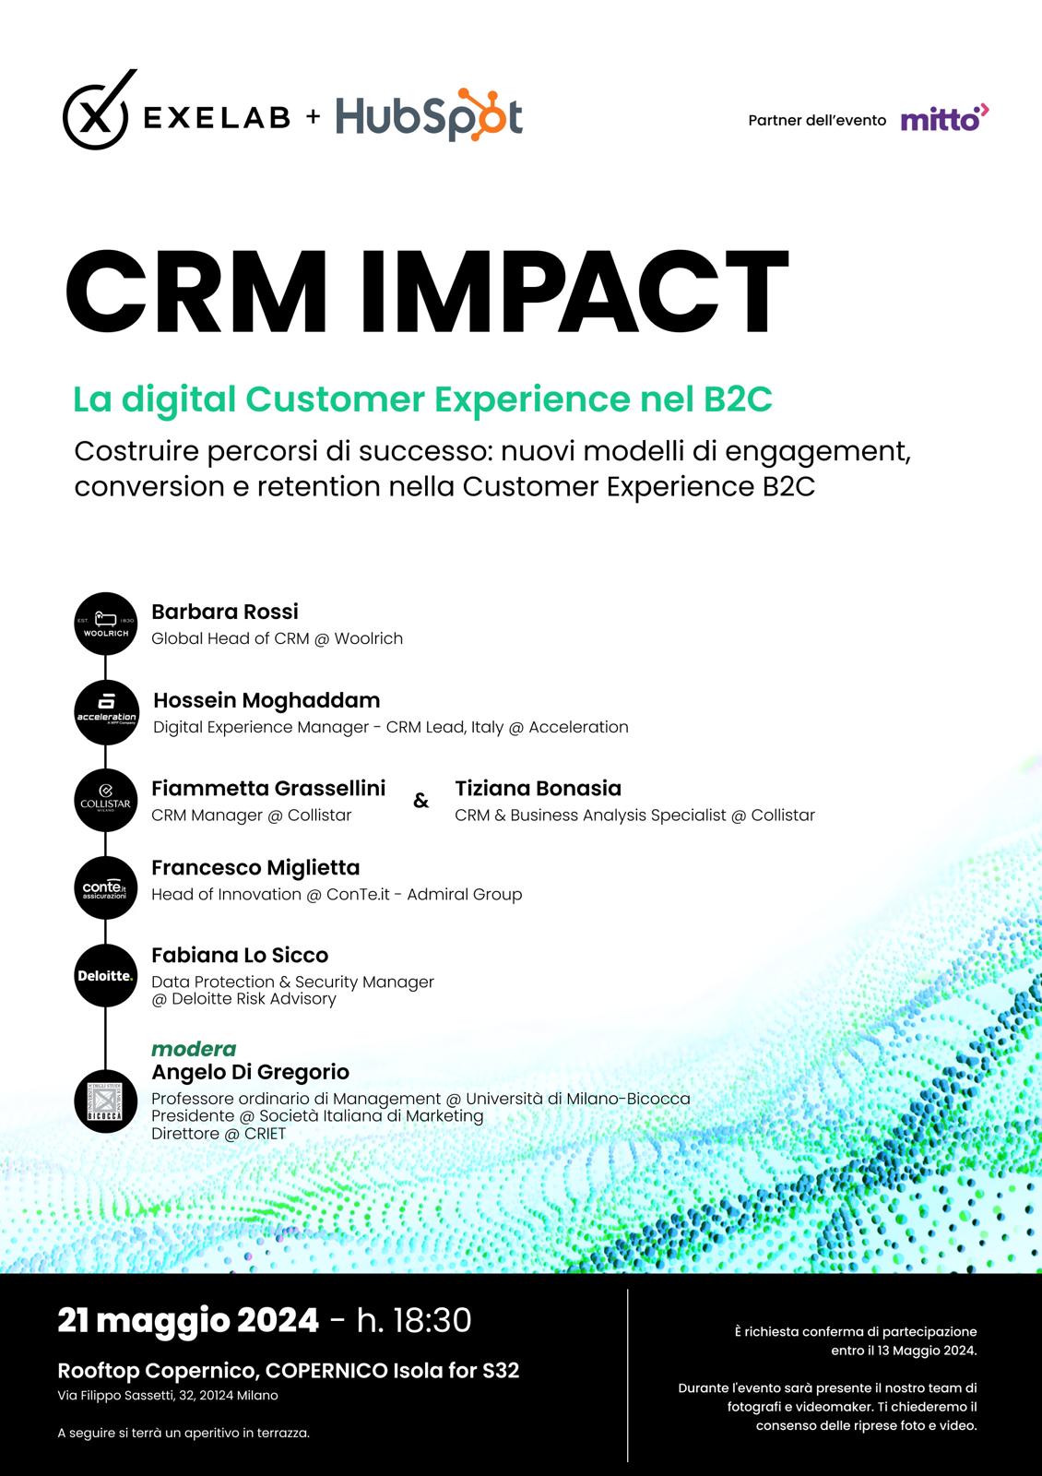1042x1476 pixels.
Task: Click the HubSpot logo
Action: [x=429, y=114]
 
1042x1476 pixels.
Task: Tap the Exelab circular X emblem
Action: [x=97, y=111]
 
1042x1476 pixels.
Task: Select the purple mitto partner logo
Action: [x=944, y=118]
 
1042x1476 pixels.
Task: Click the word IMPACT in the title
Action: [x=574, y=292]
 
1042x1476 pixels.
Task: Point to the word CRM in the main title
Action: [x=196, y=292]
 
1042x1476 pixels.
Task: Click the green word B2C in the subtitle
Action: [x=737, y=399]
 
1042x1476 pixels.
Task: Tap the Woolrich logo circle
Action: [x=105, y=624]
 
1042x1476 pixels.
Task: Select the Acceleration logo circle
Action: [x=106, y=712]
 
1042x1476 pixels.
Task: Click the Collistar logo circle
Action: [x=105, y=800]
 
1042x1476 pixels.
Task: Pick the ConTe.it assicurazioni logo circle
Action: [x=105, y=887]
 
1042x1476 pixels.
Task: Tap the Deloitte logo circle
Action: [x=105, y=975]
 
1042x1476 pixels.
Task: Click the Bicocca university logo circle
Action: [x=105, y=1101]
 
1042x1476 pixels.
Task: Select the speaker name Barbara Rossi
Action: [x=225, y=612]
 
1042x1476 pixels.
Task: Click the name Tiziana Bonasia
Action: [x=539, y=788]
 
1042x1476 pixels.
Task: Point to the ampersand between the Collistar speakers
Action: [x=420, y=801]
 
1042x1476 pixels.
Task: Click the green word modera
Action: [x=194, y=1048]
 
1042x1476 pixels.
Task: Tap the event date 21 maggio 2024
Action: [x=188, y=1320]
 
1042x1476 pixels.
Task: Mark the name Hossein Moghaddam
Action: [x=266, y=700]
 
